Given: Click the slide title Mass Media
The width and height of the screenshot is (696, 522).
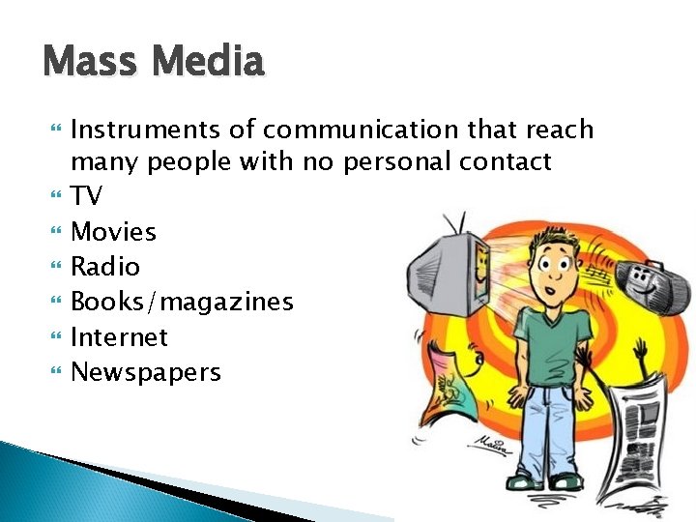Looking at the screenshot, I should [153, 63].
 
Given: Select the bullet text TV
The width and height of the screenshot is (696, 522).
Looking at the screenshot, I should [87, 197].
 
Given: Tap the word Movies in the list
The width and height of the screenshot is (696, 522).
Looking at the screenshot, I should [114, 232].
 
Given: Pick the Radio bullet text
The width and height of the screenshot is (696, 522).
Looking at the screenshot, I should [106, 268].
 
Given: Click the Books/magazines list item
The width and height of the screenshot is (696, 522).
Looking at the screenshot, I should [182, 303].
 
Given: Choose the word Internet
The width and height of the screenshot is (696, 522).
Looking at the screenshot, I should [120, 337].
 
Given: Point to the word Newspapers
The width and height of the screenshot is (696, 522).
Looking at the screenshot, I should [146, 373].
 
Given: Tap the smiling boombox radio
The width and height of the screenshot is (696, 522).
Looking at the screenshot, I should [646, 280].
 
